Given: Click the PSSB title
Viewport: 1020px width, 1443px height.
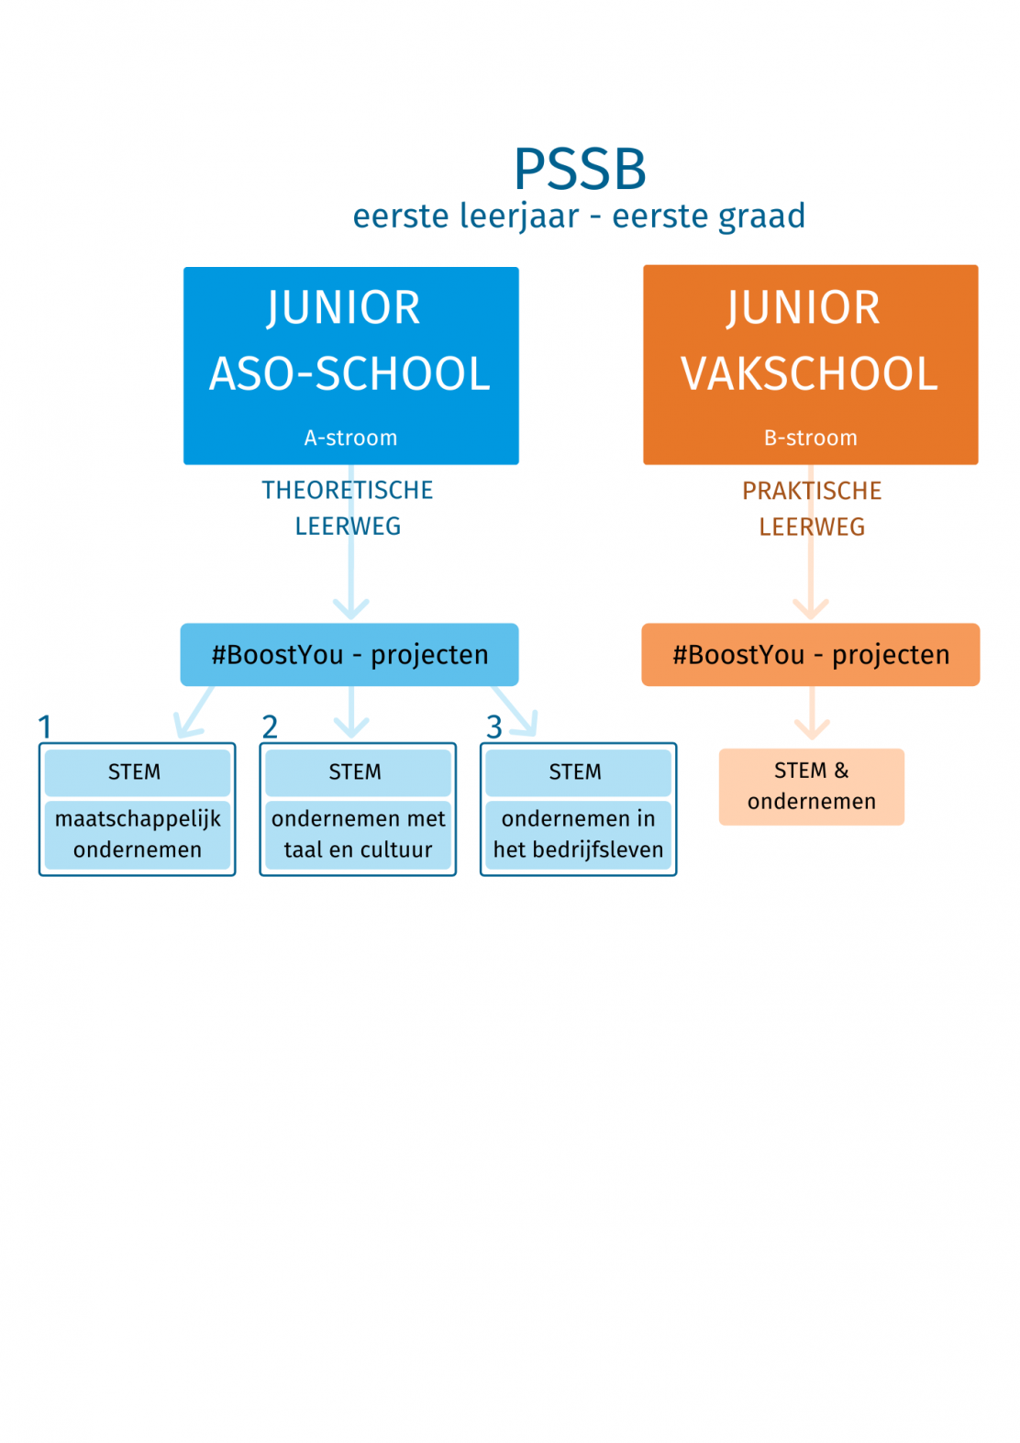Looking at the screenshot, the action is pyautogui.click(x=580, y=169).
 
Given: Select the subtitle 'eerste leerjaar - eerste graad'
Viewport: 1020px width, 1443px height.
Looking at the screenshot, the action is pyautogui.click(x=579, y=216).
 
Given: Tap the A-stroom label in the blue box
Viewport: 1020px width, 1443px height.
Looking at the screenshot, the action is pyautogui.click(x=350, y=438).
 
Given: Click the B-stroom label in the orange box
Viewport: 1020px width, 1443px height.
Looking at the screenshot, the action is pyautogui.click(x=810, y=438).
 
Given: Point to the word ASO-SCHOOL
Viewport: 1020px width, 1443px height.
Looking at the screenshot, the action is pyautogui.click(x=349, y=373).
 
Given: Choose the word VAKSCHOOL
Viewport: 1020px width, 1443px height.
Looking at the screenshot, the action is pyautogui.click(x=809, y=373).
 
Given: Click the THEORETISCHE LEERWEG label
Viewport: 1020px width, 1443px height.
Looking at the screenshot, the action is pyautogui.click(x=348, y=508).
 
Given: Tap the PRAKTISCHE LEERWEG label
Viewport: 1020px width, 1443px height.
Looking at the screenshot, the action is pyautogui.click(x=812, y=509).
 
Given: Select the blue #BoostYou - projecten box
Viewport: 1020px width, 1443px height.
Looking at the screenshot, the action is pyautogui.click(x=349, y=654).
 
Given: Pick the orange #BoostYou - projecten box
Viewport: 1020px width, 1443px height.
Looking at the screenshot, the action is pyautogui.click(x=811, y=654).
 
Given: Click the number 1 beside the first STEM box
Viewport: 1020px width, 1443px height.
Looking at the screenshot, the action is pyautogui.click(x=45, y=727).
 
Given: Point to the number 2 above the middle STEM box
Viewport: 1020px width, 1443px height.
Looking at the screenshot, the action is pyautogui.click(x=270, y=727).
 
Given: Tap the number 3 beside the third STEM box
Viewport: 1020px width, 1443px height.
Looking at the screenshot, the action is pyautogui.click(x=493, y=727).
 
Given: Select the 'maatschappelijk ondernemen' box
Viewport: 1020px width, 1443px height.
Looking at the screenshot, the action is pyautogui.click(x=138, y=835).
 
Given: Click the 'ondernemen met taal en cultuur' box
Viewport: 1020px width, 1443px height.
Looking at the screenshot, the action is pyautogui.click(x=358, y=835).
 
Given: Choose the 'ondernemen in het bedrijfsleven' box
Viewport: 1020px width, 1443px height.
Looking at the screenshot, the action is pyautogui.click(x=578, y=835).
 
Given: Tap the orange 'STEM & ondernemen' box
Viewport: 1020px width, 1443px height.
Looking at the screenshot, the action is pyautogui.click(x=812, y=786).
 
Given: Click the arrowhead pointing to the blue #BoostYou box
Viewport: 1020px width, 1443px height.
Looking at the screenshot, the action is pyautogui.click(x=351, y=609).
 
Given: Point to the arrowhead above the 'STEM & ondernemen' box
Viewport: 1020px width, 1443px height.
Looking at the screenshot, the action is pyautogui.click(x=812, y=729).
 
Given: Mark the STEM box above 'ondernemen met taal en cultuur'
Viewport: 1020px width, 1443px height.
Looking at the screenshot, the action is pyautogui.click(x=358, y=772).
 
